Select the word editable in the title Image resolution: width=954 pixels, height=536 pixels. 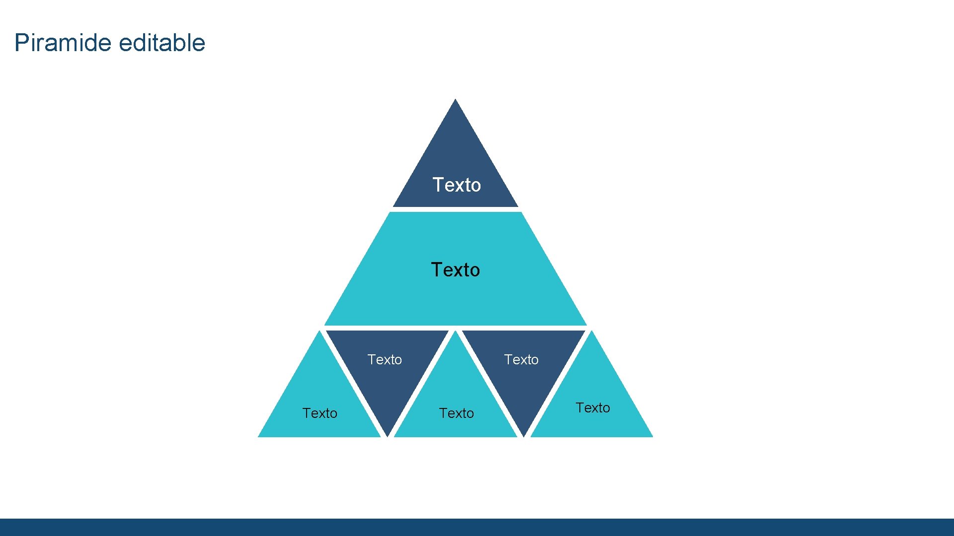(x=162, y=43)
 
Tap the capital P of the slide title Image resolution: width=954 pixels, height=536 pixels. (x=20, y=43)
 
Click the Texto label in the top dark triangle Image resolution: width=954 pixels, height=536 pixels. (x=457, y=185)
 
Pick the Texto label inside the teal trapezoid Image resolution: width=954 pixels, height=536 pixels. (x=456, y=270)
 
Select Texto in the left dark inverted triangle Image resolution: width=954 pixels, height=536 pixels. (x=385, y=359)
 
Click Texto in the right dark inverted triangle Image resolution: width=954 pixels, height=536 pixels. (x=521, y=359)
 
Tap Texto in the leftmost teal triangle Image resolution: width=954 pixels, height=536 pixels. (x=320, y=413)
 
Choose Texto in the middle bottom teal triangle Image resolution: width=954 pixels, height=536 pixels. (x=457, y=413)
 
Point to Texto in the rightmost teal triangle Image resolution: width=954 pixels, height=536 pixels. (x=593, y=407)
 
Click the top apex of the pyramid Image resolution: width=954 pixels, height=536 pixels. (x=455, y=100)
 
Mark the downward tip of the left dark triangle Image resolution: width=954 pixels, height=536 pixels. (x=387, y=435)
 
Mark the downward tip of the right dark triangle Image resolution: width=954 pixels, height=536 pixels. (x=524, y=435)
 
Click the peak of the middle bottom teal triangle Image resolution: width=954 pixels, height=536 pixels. (x=455, y=332)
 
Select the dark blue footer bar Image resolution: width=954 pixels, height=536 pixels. (x=477, y=527)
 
